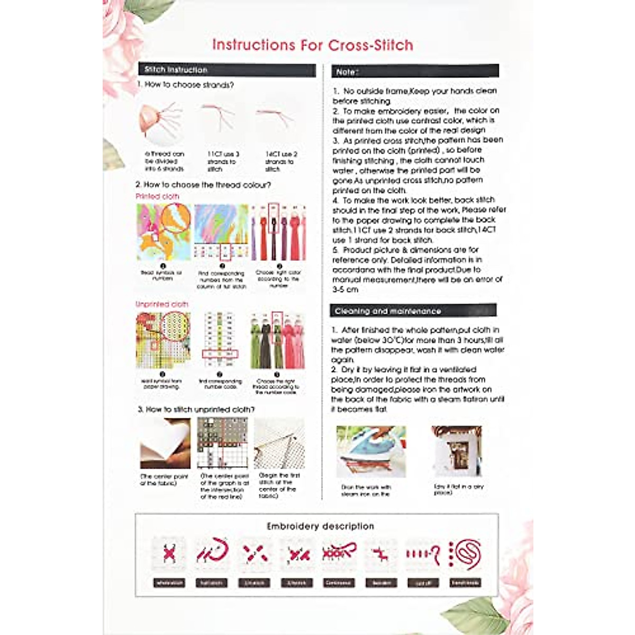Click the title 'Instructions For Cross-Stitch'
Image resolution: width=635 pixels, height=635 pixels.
tap(312, 45)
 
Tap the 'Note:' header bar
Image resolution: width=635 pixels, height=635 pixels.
tap(415, 71)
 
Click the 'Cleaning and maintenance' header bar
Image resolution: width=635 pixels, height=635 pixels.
tap(413, 311)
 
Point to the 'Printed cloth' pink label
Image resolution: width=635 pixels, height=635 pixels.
tap(157, 196)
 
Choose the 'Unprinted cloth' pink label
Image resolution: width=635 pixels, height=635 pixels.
tap(161, 304)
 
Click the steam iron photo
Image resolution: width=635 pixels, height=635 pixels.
tap(371, 451)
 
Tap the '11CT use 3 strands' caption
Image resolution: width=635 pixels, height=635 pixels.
tap(222, 161)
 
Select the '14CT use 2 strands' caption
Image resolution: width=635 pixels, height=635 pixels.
tap(280, 161)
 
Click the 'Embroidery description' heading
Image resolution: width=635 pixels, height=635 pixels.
tap(320, 526)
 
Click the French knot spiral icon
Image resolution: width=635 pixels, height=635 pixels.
tap(466, 554)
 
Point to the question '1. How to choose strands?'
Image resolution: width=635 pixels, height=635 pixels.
tap(185, 85)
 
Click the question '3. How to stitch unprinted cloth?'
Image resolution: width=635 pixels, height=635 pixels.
tap(196, 410)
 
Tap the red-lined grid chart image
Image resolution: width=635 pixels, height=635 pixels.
tap(222, 443)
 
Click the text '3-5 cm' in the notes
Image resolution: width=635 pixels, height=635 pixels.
tap(345, 289)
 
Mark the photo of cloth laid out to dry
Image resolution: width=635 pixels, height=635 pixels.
tap(457, 451)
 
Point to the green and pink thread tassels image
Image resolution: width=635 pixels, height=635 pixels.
tap(278, 340)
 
